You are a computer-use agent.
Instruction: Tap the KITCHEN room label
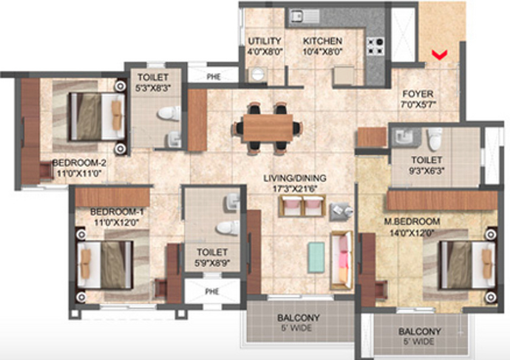coord(322,41)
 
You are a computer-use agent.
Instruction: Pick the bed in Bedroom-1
coord(106,264)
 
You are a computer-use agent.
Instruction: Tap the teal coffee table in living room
coord(316,257)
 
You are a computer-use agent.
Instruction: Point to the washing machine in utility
coord(257,74)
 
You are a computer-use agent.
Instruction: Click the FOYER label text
coord(418,94)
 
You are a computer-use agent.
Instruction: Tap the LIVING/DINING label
coord(294,178)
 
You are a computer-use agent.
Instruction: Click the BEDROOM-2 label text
coord(79,163)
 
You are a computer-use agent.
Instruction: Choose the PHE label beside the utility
coord(213,76)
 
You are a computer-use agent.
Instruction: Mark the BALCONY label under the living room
coord(298,318)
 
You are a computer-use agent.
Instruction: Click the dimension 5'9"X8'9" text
coord(212,263)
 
